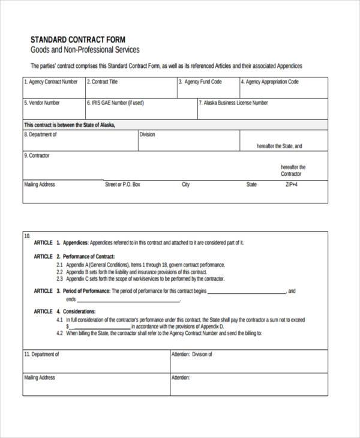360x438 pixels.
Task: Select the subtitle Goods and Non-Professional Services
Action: (x=85, y=50)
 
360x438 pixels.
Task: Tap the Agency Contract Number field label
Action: (x=51, y=82)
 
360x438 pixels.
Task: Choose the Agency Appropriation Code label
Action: (x=269, y=82)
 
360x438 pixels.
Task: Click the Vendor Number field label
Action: (x=42, y=103)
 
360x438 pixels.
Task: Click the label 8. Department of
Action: (x=41, y=134)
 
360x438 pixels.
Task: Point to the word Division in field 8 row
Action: (x=147, y=134)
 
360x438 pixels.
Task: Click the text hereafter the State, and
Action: (x=279, y=146)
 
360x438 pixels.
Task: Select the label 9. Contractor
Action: (x=37, y=155)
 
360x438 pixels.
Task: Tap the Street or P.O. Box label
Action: (x=122, y=185)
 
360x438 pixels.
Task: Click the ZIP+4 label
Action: (x=292, y=185)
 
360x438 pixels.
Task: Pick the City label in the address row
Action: (x=185, y=185)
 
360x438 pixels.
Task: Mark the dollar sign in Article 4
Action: (x=68, y=326)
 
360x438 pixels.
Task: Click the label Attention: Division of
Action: (x=192, y=355)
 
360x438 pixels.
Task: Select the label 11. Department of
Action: (x=42, y=355)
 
